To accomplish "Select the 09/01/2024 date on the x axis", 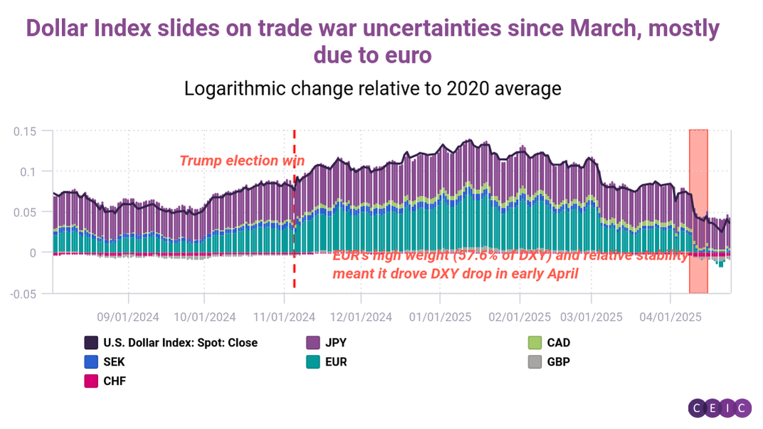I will pyautogui.click(x=129, y=316).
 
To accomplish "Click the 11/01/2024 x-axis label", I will pyautogui.click(x=284, y=316).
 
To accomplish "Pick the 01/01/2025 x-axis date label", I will pyautogui.click(x=440, y=316).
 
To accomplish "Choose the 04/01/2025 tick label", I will pyautogui.click(x=670, y=316).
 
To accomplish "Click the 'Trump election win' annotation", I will pyautogui.click(x=242, y=161).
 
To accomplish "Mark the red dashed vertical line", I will pyautogui.click(x=294, y=213).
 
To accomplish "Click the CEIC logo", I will pyautogui.click(x=720, y=408).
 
